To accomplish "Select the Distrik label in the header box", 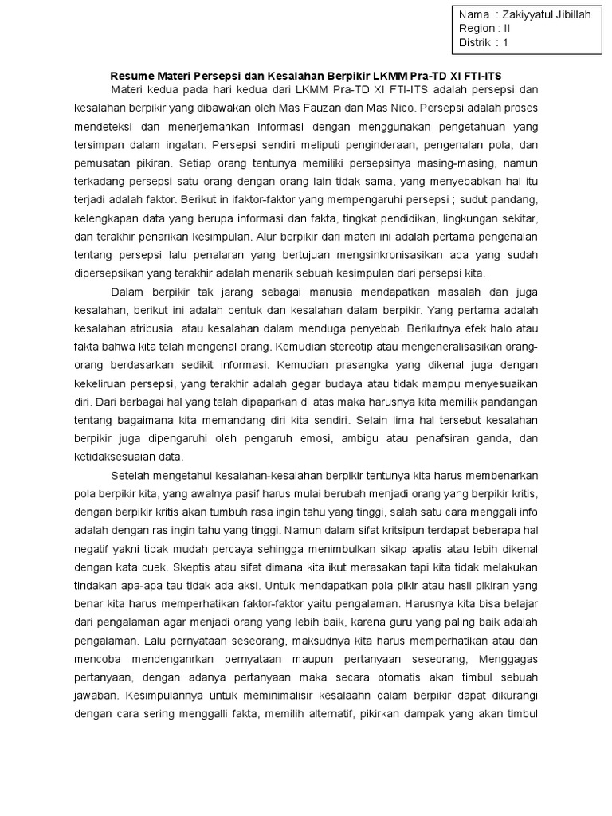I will coord(477,42).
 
